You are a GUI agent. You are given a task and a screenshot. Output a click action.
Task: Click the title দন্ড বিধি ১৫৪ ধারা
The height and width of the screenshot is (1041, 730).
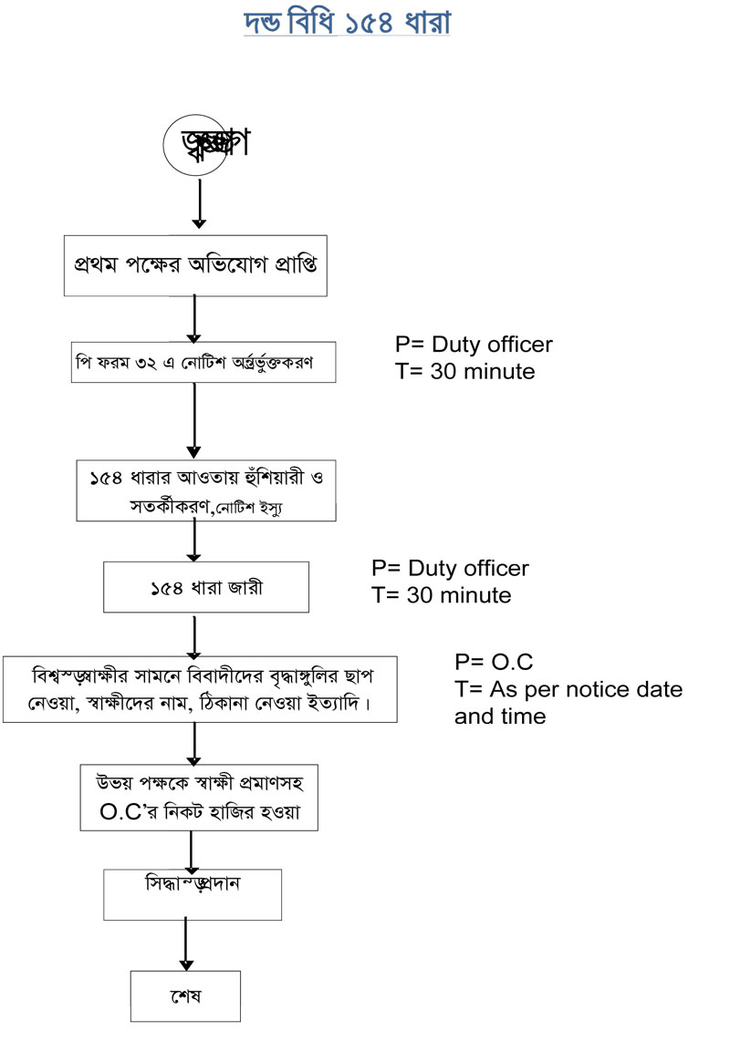click(348, 23)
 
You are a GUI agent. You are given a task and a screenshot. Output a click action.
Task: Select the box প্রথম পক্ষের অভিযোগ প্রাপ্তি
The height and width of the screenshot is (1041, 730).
click(195, 264)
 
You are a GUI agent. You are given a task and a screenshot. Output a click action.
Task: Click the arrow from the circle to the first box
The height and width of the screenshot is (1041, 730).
click(199, 203)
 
